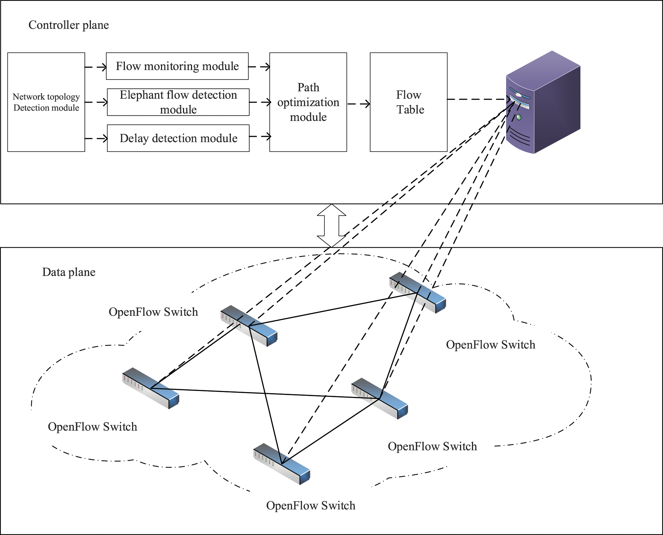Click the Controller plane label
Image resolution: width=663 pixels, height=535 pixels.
(68, 25)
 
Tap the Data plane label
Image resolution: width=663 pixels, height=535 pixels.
(68, 272)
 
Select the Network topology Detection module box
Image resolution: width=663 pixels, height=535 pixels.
(46, 102)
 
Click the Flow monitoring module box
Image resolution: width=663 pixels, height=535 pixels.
(177, 66)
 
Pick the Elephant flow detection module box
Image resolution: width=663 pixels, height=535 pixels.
(178, 102)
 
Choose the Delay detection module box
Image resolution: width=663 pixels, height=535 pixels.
(178, 138)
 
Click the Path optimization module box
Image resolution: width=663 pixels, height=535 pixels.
(308, 102)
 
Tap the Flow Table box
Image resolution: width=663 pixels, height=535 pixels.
(408, 102)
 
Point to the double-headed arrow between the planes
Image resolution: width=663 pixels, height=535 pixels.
(331, 225)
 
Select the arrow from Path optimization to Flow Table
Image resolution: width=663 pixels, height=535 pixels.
(359, 104)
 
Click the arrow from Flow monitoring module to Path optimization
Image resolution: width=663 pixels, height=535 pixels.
(259, 67)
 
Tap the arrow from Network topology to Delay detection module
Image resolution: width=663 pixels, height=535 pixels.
(96, 138)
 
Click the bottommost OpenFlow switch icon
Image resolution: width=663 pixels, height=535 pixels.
(282, 464)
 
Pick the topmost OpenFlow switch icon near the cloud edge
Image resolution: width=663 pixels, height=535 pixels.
(417, 292)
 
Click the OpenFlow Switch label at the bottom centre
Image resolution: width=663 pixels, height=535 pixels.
(310, 505)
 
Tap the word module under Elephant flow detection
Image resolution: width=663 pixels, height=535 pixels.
(178, 110)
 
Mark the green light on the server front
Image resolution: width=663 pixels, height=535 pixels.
(519, 117)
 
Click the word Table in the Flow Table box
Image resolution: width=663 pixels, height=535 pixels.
(410, 110)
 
